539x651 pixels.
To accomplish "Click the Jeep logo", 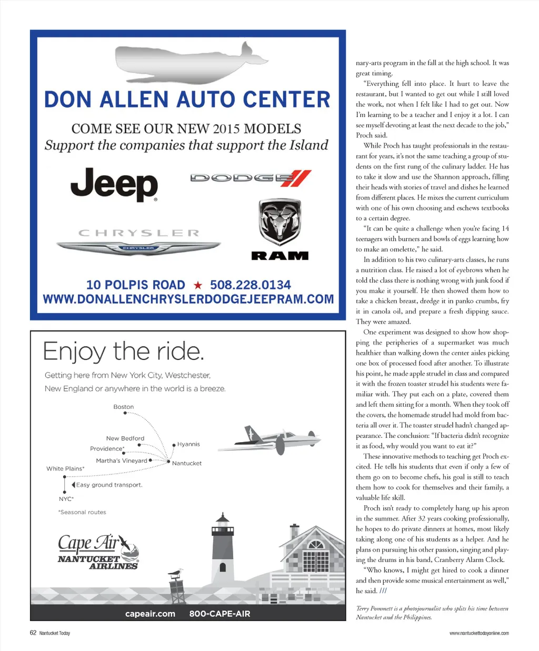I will [114, 184].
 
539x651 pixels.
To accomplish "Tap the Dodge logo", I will [251, 178].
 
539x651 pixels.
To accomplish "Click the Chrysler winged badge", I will [138, 247].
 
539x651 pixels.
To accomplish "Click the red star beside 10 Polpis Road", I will [198, 285].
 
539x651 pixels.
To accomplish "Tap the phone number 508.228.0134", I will [250, 285].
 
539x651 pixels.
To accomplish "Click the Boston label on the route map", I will [124, 407].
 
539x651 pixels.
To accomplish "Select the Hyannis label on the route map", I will [188, 444].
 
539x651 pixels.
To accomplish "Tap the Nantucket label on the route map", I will [187, 463].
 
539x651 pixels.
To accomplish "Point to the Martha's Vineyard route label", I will [122, 460].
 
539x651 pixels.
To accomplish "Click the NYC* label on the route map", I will [66, 498].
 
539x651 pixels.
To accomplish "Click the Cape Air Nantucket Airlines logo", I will [98, 551].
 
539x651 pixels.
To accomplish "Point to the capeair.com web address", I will [150, 614].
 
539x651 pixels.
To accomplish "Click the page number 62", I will [33, 633].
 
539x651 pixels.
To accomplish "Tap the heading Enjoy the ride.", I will [123, 351].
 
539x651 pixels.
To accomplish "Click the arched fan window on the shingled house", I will [316, 544].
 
